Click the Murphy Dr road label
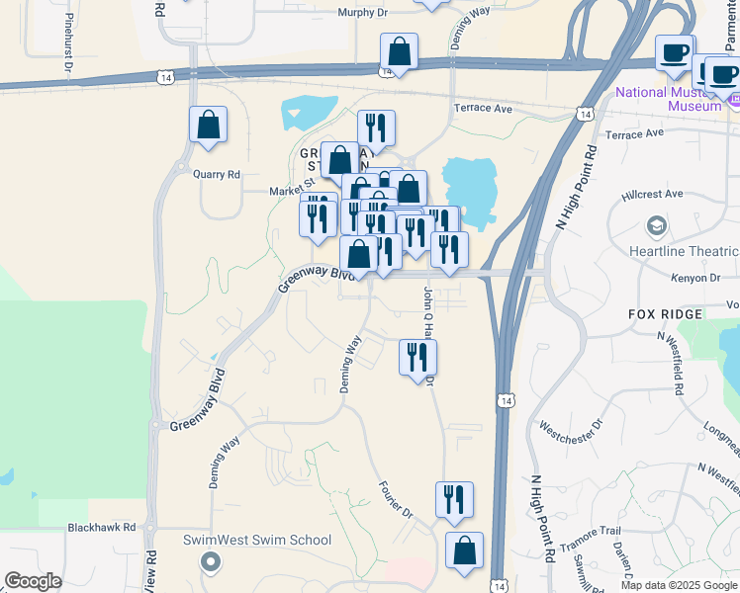click(362, 12)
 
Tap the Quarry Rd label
click(219, 175)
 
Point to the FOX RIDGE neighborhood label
click(665, 313)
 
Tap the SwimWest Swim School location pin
click(209, 562)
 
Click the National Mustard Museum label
click(669, 99)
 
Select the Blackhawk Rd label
click(101, 528)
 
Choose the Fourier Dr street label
click(395, 499)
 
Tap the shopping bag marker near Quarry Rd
click(208, 127)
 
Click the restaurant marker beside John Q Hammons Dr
click(417, 357)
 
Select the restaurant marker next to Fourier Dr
click(454, 500)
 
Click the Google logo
click(33, 581)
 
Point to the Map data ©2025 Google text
click(679, 585)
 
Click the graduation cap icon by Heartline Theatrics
click(654, 227)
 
